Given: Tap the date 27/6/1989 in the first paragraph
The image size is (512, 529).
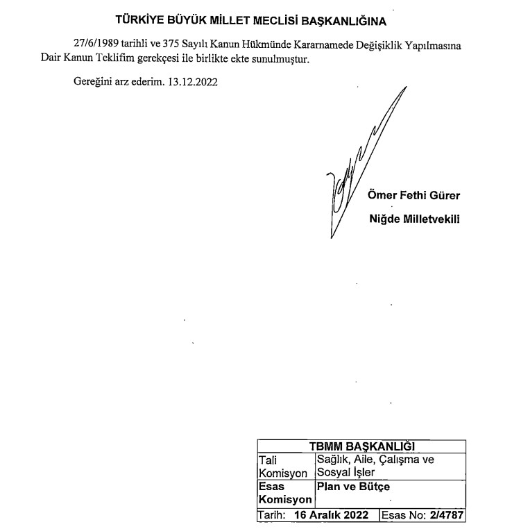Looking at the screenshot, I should (x=96, y=45).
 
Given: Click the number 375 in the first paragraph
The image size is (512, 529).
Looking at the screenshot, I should (x=170, y=45).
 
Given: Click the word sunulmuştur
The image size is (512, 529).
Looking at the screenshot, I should (x=280, y=60).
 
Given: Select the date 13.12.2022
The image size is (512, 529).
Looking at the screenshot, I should (x=193, y=82).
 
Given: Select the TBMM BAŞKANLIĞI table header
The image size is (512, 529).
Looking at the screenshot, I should (x=361, y=446).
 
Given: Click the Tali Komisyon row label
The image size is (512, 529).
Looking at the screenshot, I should (x=282, y=466).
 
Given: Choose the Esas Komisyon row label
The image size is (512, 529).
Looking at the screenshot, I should (x=282, y=494).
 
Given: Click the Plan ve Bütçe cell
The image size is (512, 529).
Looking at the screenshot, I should (x=353, y=487).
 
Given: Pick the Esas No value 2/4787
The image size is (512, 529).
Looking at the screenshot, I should (x=447, y=516).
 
